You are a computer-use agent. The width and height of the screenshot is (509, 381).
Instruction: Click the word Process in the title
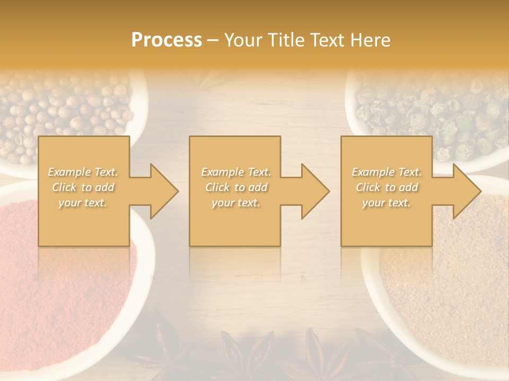(x=166, y=40)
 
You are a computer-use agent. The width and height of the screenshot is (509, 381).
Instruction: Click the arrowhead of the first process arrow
(x=164, y=191)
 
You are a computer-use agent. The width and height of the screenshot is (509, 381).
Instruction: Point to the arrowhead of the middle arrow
(x=315, y=191)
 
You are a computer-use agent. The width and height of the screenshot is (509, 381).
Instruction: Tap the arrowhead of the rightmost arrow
(x=467, y=191)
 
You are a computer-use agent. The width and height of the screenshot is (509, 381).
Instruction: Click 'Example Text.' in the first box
(x=83, y=172)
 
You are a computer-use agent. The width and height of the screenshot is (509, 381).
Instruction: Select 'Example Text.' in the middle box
(x=236, y=172)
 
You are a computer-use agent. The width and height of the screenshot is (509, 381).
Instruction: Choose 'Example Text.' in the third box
(x=387, y=172)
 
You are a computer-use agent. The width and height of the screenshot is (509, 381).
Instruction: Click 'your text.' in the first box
(x=83, y=203)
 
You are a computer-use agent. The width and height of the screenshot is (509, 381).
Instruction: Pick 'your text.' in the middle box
(x=236, y=203)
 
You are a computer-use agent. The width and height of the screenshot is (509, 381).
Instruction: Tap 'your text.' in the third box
(x=387, y=203)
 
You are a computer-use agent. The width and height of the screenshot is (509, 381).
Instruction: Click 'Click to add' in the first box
(x=83, y=187)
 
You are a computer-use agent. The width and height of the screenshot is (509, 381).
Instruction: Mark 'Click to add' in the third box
(x=387, y=187)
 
